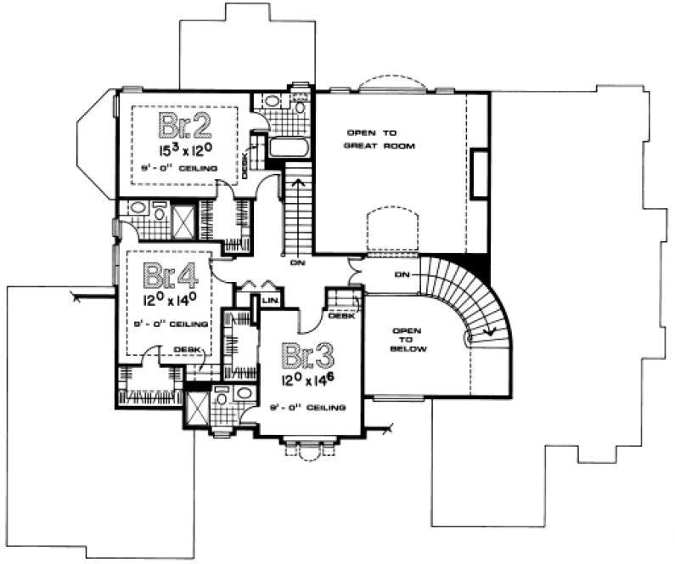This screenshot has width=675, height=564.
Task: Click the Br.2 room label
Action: pyautogui.click(x=183, y=127)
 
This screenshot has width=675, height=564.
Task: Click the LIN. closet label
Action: pyautogui.click(x=271, y=302)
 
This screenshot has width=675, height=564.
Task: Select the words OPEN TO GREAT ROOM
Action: pyautogui.click(x=370, y=139)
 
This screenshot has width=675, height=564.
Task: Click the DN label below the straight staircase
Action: pyautogui.click(x=297, y=262)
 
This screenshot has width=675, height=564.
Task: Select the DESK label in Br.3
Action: pyautogui.click(x=340, y=317)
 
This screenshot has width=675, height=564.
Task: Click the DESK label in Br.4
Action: pyautogui.click(x=186, y=349)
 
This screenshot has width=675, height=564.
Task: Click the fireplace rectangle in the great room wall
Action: pyautogui.click(x=480, y=173)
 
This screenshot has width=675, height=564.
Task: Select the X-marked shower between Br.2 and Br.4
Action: pyautogui.click(x=183, y=220)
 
